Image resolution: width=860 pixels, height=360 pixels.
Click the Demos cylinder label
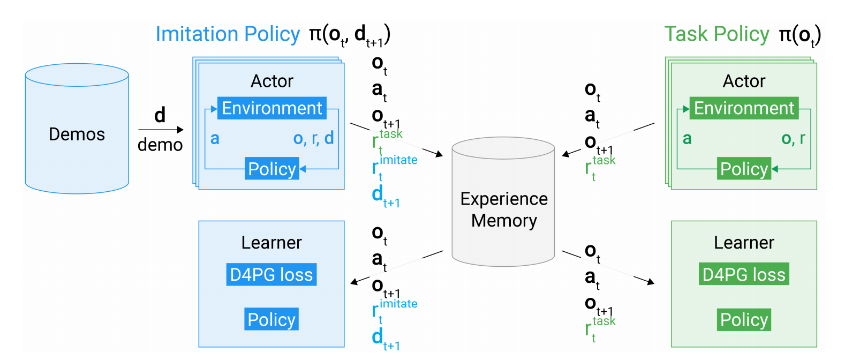pos(77,134)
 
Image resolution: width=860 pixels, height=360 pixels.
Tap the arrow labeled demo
pos(161,130)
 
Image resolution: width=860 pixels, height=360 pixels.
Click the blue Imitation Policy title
pos(228,34)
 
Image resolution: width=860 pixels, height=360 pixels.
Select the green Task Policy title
pos(716,34)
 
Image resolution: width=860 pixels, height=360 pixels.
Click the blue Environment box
pos(271,108)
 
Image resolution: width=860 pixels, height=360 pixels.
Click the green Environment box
pos(744,108)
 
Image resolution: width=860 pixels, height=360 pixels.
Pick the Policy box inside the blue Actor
pos(271,169)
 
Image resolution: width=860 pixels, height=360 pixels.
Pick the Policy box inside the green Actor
pos(744,169)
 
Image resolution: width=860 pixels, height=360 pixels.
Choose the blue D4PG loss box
pos(271,274)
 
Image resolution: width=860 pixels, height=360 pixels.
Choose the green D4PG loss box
pos(744,274)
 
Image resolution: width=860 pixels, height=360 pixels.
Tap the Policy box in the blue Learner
pos(271,319)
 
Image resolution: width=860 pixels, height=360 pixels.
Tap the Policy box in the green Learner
pos(744,320)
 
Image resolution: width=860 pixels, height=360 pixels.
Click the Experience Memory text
pos(504,209)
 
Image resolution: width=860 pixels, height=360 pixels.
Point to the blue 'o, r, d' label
pos(313,138)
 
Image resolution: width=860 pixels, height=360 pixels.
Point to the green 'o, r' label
pos(793,138)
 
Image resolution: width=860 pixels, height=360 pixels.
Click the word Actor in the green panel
pos(744,81)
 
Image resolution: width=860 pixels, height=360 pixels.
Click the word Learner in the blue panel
pos(271,243)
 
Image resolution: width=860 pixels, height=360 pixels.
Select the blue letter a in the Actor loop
pos(215,138)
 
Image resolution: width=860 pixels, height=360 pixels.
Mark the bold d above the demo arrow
pos(160,115)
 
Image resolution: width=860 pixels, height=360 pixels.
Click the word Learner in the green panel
pos(744,243)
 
